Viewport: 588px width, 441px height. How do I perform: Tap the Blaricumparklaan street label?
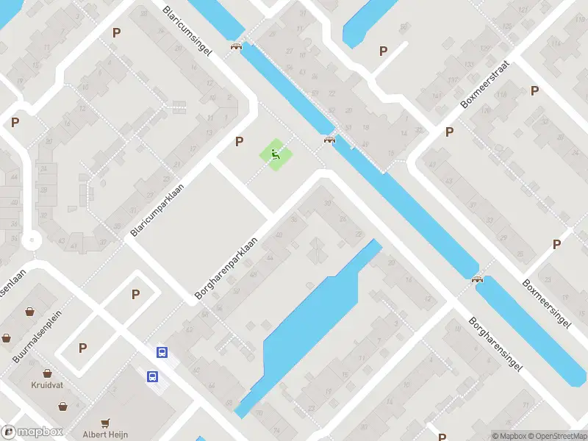[x=156, y=210]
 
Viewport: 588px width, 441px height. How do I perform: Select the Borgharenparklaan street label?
[x=227, y=268]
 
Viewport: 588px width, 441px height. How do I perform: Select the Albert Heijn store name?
[x=105, y=434]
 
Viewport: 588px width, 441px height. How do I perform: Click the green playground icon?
[x=276, y=154]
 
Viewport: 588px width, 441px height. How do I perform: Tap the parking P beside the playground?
[x=239, y=141]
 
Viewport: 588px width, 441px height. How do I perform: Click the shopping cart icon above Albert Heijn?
[x=106, y=423]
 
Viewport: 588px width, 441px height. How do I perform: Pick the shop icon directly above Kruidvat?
[x=46, y=373]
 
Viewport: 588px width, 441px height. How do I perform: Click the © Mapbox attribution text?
[x=509, y=436]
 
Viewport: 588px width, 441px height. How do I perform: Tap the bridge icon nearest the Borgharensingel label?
[x=478, y=279]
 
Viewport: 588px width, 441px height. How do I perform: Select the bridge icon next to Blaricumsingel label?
[x=236, y=46]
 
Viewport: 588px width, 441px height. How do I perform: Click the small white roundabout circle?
[x=31, y=241]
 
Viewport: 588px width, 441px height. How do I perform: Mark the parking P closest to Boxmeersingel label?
[x=556, y=245]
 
